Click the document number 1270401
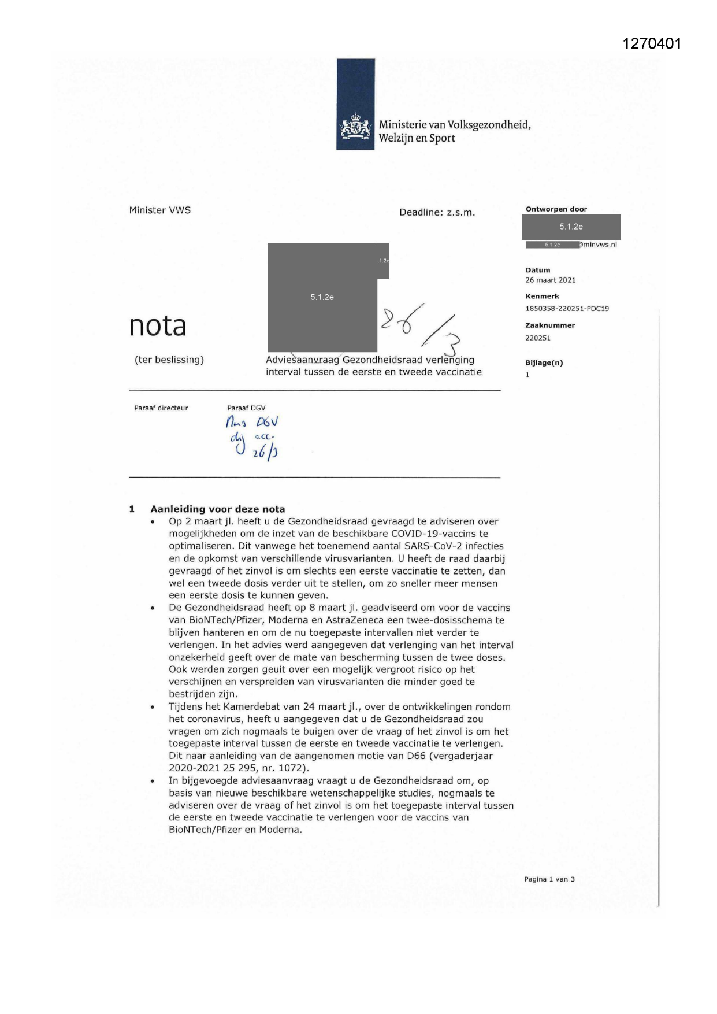[652, 43]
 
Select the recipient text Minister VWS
[160, 210]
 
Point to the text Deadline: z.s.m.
[437, 213]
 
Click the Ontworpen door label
[556, 209]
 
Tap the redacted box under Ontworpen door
[571, 227]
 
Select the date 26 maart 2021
[550, 280]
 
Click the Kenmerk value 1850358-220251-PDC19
[567, 309]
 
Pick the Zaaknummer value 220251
[538, 338]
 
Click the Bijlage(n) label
[544, 363]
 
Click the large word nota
[158, 326]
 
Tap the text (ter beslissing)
[169, 360]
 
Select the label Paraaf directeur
[161, 408]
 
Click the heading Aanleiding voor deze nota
[218, 509]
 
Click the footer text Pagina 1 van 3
[549, 879]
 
